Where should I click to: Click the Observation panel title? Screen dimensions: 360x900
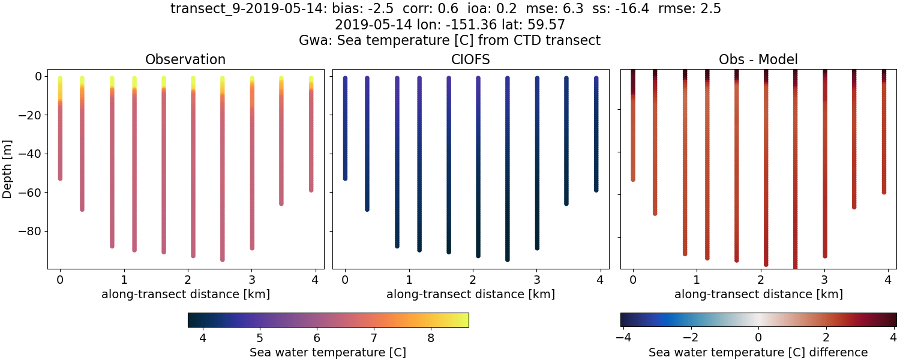point(185,59)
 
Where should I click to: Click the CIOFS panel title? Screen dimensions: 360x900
point(470,59)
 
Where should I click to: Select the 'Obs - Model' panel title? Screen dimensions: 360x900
point(758,59)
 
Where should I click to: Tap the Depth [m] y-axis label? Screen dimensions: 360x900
point(8,169)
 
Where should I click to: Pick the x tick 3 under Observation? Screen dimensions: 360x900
point(252,280)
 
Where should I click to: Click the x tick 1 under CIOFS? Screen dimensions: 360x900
point(409,280)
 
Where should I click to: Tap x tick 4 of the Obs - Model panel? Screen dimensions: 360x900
point(888,280)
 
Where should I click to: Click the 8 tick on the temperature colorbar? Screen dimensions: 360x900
point(431,338)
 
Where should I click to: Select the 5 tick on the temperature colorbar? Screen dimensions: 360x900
point(260,338)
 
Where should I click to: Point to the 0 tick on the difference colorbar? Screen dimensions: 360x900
point(758,338)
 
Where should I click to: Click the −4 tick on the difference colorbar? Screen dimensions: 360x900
point(624,338)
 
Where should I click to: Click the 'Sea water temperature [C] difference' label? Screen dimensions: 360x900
point(758,352)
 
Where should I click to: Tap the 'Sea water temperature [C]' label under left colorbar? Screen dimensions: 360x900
point(328,352)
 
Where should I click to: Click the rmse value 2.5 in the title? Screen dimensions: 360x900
point(711,8)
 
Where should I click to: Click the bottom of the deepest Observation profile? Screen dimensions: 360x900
point(223,259)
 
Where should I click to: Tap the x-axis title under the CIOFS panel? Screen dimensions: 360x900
point(470,294)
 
